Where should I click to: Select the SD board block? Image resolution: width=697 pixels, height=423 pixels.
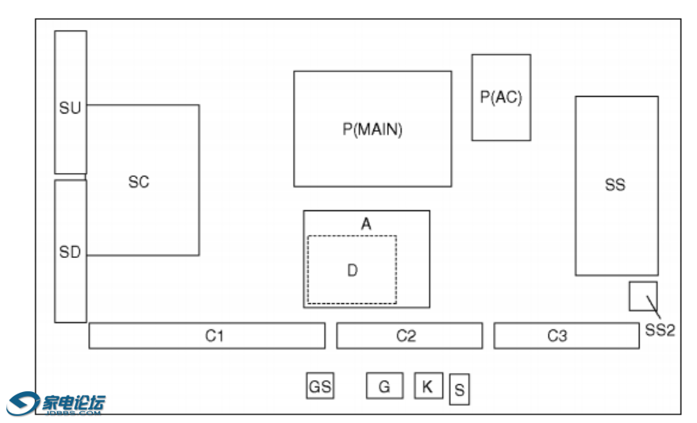point(71,251)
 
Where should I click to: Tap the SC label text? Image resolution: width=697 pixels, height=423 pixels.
point(139,182)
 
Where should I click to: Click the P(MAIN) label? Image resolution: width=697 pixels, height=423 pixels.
point(372,129)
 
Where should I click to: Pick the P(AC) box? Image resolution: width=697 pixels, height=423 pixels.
point(501,97)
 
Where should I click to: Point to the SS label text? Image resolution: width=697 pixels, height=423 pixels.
point(615,185)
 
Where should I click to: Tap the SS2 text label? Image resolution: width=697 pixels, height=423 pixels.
point(660,329)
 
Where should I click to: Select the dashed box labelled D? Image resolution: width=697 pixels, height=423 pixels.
point(352,270)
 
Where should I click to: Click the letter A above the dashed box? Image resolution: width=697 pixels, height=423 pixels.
point(366,225)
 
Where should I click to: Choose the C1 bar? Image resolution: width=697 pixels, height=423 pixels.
point(206,336)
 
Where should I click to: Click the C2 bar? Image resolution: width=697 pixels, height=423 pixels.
point(409,336)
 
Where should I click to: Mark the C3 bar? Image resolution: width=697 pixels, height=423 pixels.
point(566,336)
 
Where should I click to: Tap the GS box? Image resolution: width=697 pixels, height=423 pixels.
point(320,386)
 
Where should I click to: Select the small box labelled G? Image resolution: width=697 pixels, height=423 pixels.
point(384,386)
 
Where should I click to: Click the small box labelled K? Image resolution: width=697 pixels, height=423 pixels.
point(428,386)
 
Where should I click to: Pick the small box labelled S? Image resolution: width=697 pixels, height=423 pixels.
point(459,390)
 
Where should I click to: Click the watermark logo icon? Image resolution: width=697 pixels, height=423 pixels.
point(23,403)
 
